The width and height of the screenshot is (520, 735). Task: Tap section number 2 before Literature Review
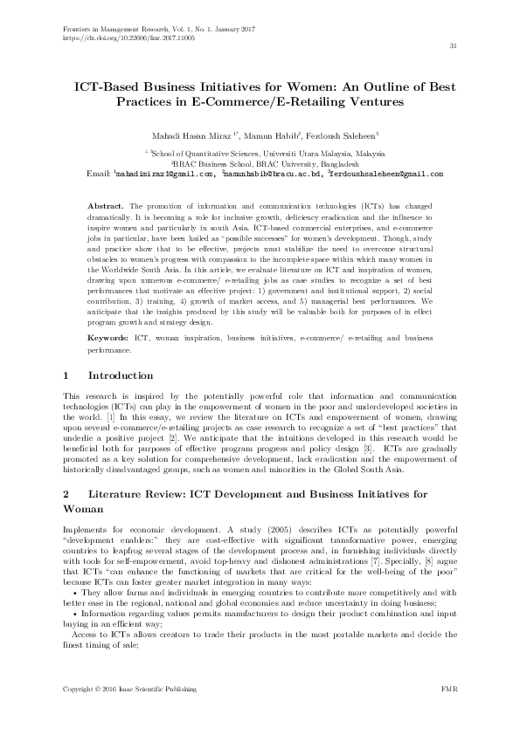pos(68,494)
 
